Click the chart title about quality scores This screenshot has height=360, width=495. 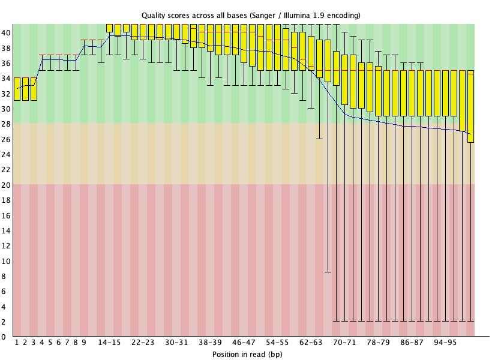coord(251,14)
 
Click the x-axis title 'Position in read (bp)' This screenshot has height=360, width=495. coord(247,354)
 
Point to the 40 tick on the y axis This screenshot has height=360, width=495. coord(6,32)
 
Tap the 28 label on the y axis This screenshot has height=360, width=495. coord(6,124)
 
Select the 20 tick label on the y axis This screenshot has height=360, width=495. coord(6,185)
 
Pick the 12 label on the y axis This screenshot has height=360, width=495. coord(6,246)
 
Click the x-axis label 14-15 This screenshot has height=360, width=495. coord(109,343)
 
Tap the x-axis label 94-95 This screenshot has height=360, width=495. coord(445,343)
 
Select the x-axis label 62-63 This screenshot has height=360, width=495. coord(311,343)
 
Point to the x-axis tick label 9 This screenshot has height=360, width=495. coord(84,343)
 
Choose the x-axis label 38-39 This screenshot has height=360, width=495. coord(210,343)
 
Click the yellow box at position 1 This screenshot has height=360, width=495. coord(17,89)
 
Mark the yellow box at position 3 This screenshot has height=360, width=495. coord(34,89)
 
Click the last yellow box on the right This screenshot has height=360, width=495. coord(470,106)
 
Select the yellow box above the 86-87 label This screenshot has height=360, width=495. coord(412,93)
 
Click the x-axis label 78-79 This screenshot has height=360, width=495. coord(378,343)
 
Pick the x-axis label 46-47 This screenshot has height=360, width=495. coord(244,343)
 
